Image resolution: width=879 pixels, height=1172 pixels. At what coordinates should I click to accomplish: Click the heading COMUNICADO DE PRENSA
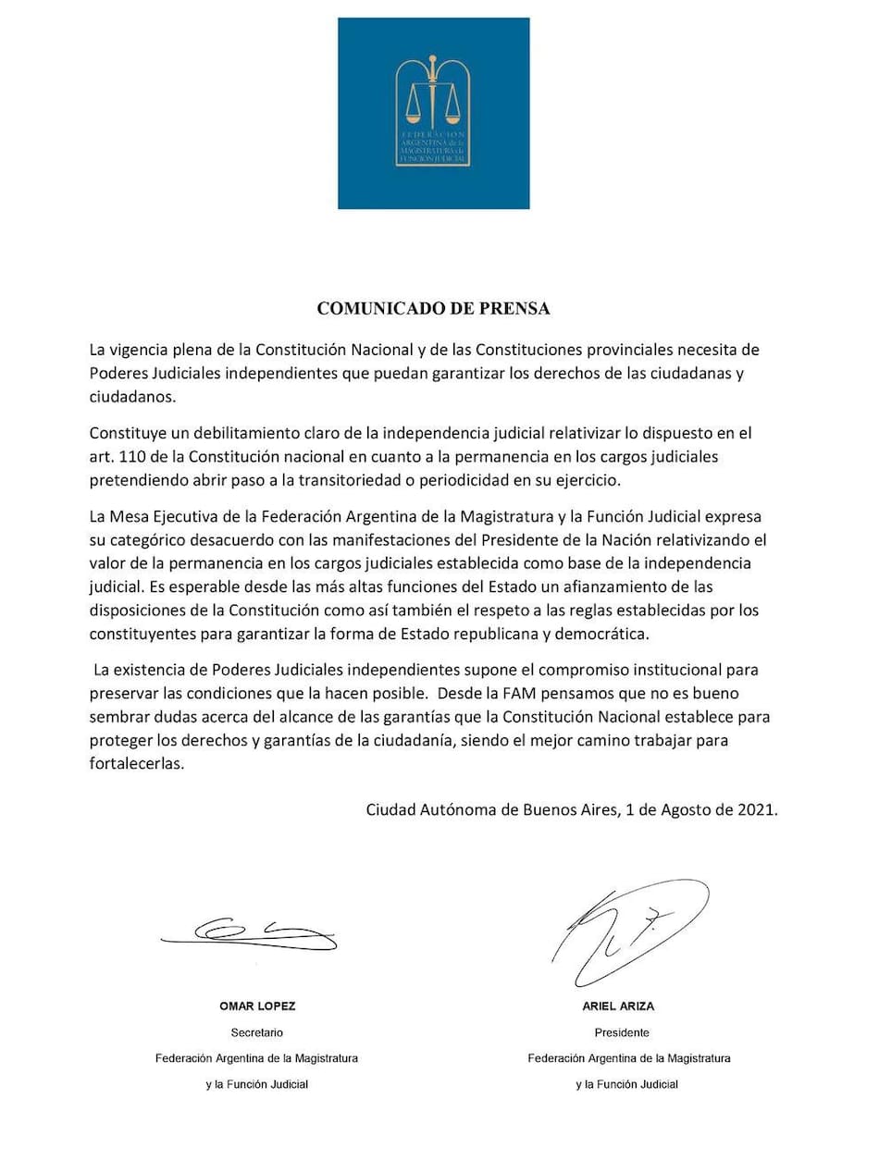click(x=433, y=309)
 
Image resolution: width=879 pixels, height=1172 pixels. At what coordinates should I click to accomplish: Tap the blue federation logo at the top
click(x=433, y=113)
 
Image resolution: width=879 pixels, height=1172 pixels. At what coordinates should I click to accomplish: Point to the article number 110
click(x=134, y=458)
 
